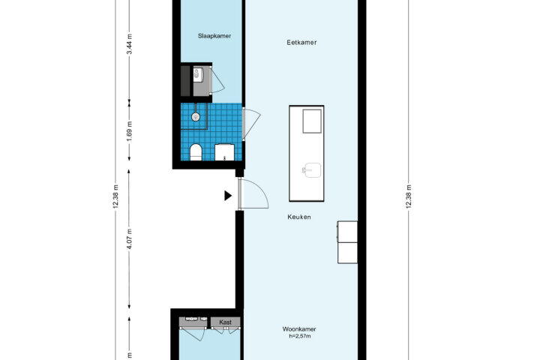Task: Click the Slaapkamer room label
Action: tap(214, 36)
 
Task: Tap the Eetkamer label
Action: tap(301, 42)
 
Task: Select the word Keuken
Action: tap(299, 217)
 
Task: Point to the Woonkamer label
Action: tap(299, 329)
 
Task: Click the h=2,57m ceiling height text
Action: tap(299, 336)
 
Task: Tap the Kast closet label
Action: tap(225, 322)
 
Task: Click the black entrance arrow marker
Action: tap(228, 196)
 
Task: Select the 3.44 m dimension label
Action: tap(129, 44)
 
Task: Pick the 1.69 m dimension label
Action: tap(129, 131)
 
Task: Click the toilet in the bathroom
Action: tap(196, 152)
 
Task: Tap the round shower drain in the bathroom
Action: tap(196, 117)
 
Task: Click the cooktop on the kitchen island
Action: tap(312, 121)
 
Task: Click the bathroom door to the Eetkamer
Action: tap(244, 124)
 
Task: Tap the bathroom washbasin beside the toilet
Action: tap(224, 152)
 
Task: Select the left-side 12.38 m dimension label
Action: tap(115, 196)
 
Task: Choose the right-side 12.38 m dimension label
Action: tap(409, 196)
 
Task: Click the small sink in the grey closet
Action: tap(196, 74)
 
